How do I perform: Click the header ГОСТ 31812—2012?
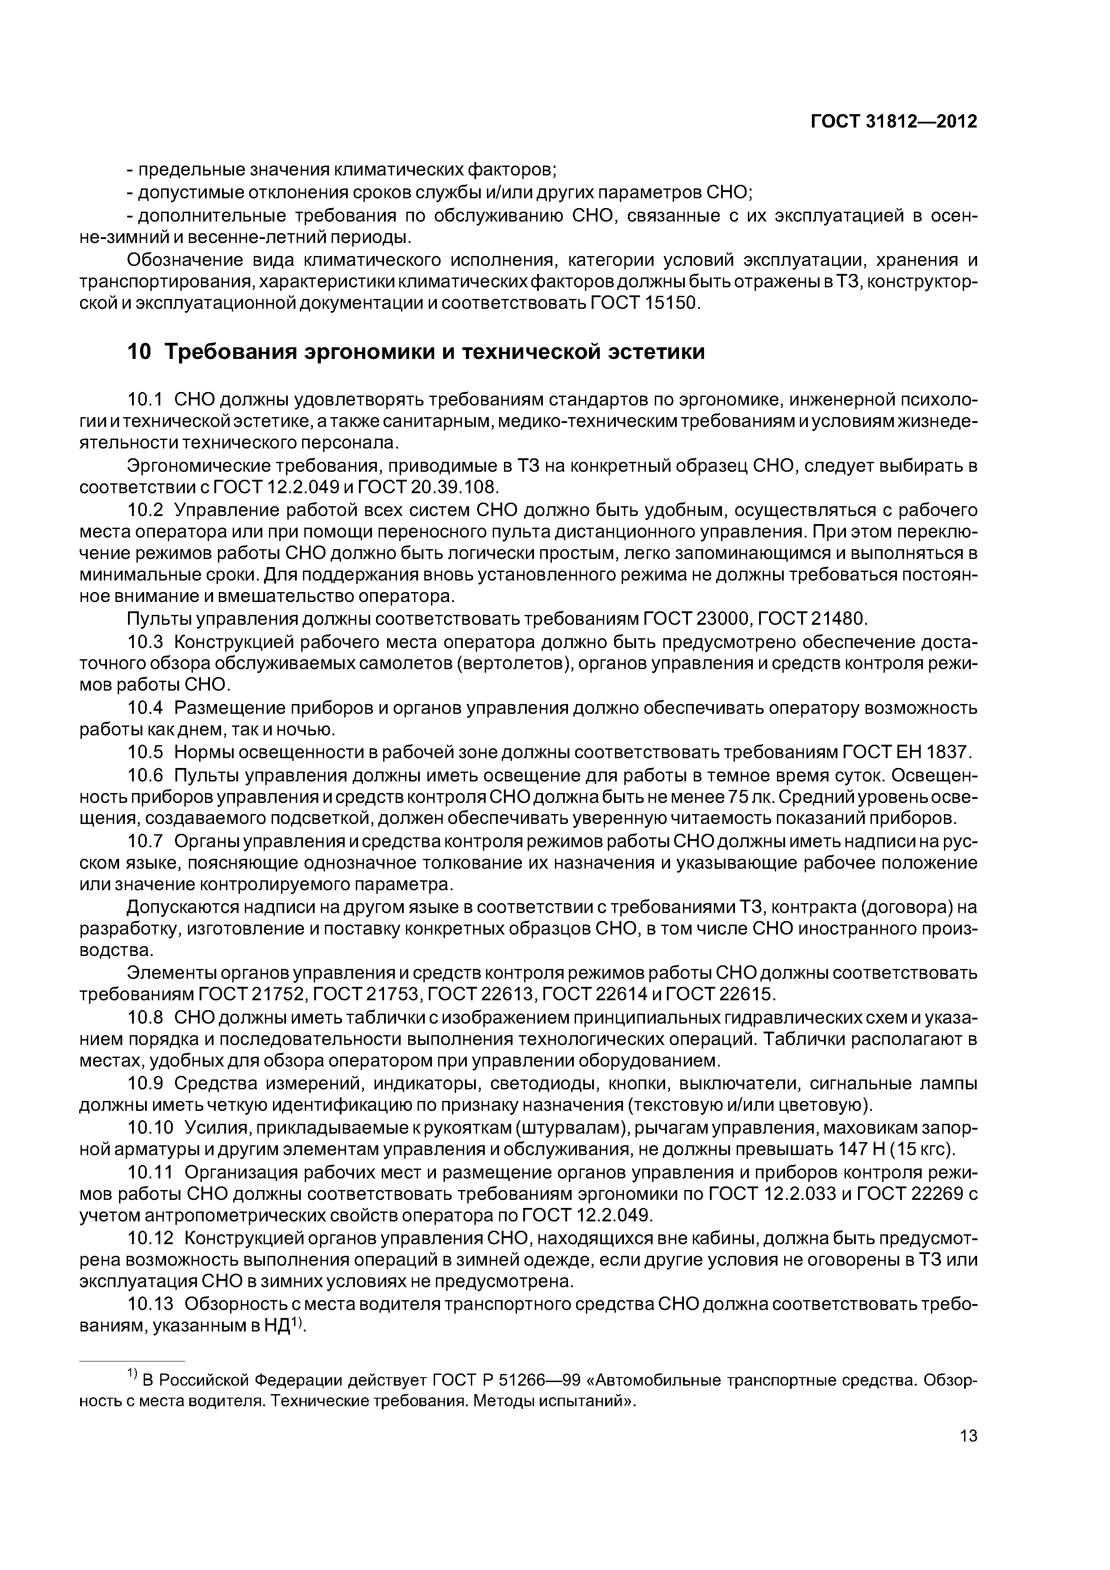[893, 122]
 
